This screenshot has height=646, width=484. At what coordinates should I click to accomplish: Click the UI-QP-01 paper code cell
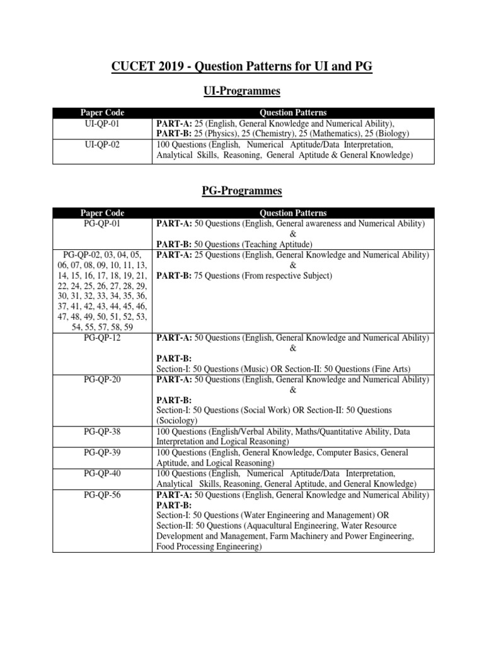(102, 124)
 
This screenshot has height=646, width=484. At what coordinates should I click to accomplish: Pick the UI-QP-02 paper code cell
(102, 144)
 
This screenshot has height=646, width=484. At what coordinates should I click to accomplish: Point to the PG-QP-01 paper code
(102, 223)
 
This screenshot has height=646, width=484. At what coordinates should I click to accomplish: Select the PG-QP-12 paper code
(102, 338)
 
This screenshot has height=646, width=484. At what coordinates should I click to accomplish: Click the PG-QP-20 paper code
(102, 379)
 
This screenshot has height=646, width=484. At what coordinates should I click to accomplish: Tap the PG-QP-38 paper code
(102, 432)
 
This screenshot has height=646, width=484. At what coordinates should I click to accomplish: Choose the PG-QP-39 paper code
(102, 453)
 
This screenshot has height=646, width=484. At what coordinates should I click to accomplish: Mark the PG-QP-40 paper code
(102, 473)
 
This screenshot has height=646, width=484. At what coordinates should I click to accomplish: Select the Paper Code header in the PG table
(102, 213)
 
